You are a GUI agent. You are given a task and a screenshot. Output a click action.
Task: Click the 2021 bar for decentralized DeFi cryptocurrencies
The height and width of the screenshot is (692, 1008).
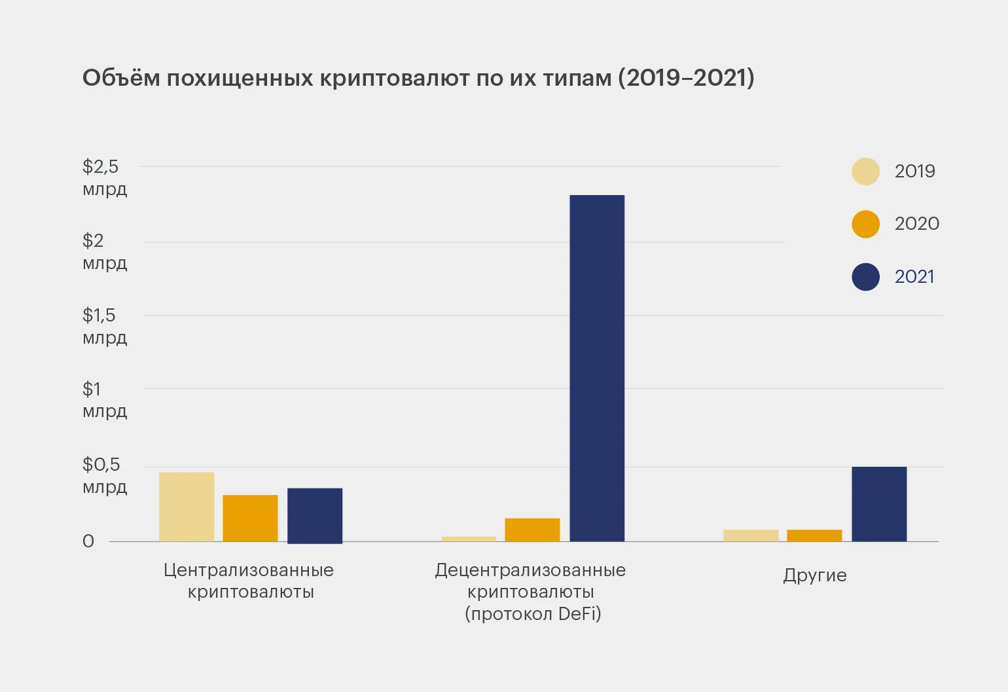click(597, 368)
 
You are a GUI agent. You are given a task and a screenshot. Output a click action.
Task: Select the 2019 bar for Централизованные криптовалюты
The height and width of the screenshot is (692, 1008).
click(187, 507)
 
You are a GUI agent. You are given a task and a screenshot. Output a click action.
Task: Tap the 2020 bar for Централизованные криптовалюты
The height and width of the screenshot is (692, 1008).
click(250, 518)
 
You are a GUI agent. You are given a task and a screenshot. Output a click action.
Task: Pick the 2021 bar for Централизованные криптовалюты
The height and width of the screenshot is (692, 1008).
click(315, 515)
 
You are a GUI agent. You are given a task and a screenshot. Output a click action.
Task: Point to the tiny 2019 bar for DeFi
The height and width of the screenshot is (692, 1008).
click(469, 539)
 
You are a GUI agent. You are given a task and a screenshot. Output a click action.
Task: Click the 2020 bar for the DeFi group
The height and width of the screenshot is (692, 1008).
click(532, 530)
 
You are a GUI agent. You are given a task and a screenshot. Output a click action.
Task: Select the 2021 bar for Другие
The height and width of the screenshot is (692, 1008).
click(879, 504)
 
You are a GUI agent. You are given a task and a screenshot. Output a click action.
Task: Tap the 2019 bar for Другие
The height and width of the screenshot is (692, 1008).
click(751, 536)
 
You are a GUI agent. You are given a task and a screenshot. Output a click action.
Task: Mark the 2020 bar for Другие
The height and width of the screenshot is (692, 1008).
click(814, 536)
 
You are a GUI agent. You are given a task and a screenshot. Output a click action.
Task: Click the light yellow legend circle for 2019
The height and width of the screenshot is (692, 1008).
click(865, 172)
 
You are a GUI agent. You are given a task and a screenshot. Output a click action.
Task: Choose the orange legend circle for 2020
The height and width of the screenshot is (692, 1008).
click(865, 224)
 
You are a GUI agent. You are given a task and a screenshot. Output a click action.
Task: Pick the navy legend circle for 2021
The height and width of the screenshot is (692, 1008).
click(865, 277)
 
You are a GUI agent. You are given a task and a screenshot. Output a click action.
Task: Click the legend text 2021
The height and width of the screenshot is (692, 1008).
click(914, 277)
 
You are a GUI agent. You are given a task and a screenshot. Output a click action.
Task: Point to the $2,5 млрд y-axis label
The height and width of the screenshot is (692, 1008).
click(104, 177)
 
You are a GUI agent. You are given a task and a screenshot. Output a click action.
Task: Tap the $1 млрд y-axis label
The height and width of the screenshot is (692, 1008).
click(104, 399)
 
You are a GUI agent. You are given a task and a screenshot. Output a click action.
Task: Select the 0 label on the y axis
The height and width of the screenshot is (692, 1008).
click(88, 541)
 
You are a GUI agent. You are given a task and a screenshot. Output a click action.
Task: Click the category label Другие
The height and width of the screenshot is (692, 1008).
click(815, 575)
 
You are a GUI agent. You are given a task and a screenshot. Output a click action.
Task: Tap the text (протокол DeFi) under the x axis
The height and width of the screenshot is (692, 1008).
click(533, 614)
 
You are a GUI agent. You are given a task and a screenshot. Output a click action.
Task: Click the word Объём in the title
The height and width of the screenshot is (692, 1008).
click(121, 78)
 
